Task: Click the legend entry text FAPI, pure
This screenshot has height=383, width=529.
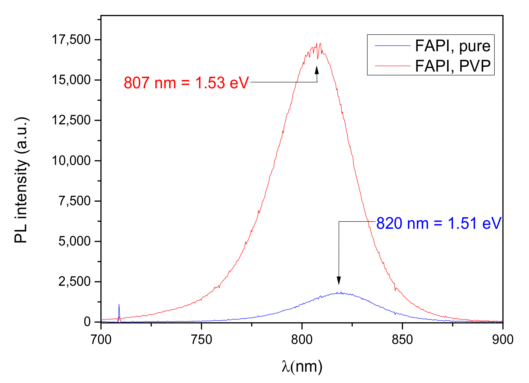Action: pos(452,46)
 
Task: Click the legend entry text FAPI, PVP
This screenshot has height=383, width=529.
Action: pos(452,66)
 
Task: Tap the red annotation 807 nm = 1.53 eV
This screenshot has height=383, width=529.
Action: pos(186,83)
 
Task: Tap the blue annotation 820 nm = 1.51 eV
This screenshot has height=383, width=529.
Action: pos(439,223)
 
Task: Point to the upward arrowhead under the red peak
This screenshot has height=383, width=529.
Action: pos(317,70)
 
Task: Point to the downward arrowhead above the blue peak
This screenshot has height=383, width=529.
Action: pos(339,280)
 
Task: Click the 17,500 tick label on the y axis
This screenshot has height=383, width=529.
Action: pos(71,40)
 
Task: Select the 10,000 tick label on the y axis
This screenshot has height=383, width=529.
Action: pos(71,161)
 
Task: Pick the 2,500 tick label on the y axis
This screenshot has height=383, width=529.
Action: pos(74,282)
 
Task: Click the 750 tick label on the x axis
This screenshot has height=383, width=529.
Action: pos(202,340)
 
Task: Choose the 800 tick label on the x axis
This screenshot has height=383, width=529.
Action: pos(302,340)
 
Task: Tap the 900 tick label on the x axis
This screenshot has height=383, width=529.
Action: pos(503,340)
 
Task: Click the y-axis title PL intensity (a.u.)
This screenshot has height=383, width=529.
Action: pos(21,180)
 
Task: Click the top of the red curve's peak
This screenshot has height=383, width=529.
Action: pos(317,44)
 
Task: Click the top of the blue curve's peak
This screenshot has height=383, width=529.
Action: pos(339,293)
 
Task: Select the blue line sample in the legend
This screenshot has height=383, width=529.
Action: pos(393,46)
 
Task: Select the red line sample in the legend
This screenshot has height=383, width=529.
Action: pos(393,65)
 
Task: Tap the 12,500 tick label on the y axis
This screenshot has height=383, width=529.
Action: pos(71,121)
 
